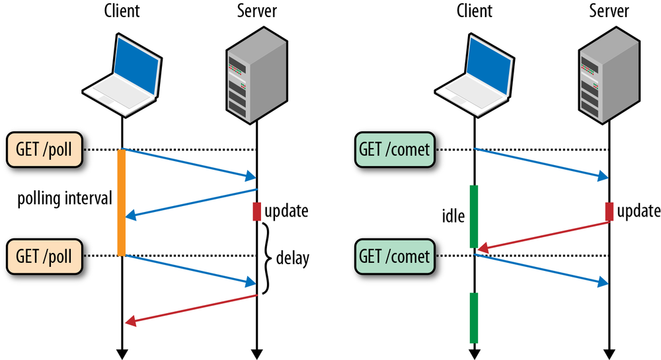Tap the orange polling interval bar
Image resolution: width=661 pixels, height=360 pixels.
[122, 202]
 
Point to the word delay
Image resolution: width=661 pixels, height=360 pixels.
[292, 258]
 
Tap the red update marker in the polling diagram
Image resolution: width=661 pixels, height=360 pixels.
[256, 211]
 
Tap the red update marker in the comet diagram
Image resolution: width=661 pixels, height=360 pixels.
[609, 211]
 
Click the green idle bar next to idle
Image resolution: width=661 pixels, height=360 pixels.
[474, 217]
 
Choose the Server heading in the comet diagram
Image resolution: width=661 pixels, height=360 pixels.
[608, 11]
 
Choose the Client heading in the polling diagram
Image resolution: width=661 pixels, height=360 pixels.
[122, 11]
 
